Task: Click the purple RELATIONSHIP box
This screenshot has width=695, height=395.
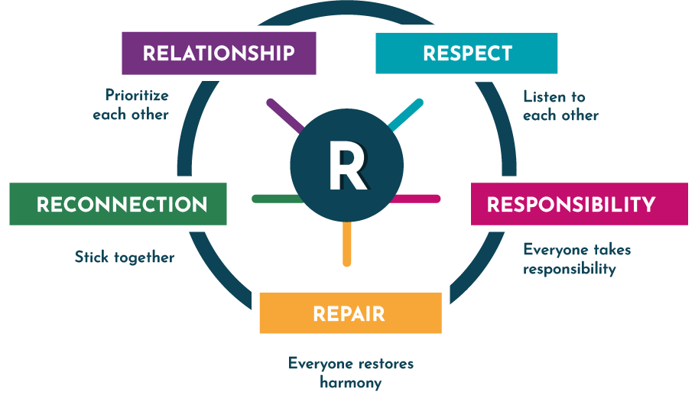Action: click(219, 53)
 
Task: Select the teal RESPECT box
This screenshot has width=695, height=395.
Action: click(466, 53)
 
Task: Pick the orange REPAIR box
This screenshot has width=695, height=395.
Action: click(349, 313)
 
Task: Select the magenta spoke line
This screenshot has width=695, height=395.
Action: click(418, 199)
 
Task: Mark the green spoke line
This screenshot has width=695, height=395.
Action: click(274, 199)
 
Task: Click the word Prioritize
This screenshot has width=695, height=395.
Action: click(137, 96)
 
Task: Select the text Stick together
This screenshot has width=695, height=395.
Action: click(124, 257)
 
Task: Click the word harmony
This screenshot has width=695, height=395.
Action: click(350, 382)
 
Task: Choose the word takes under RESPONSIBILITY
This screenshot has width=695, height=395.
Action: click(612, 250)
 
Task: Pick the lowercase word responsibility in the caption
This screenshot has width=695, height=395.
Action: click(569, 269)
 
